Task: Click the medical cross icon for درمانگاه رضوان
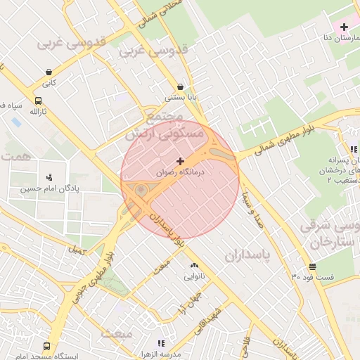(x=180, y=161)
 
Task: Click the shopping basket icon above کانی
(x=48, y=72)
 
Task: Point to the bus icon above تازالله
(x=38, y=101)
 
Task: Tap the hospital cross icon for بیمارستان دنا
(x=343, y=27)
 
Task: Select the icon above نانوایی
(x=194, y=266)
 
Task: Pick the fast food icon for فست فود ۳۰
(x=312, y=266)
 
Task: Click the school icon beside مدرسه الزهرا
(x=160, y=343)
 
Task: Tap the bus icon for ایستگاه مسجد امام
(x=46, y=347)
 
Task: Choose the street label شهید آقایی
(x=209, y=318)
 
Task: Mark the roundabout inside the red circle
(x=141, y=191)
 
